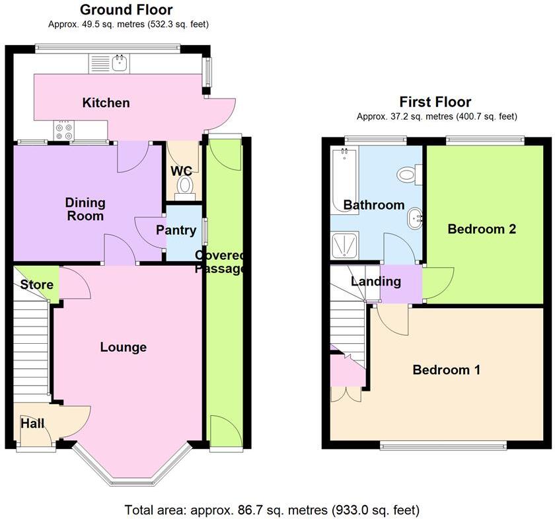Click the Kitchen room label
[106, 102]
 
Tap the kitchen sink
[120, 63]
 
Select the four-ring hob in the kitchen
[65, 132]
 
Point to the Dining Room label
[85, 209]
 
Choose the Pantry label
[176, 230]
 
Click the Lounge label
[123, 347]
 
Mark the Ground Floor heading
[126, 10]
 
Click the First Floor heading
[435, 102]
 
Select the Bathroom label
[373, 205]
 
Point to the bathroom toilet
[406, 175]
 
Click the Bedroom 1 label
[446, 370]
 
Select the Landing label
[375, 282]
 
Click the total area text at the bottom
[272, 510]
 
